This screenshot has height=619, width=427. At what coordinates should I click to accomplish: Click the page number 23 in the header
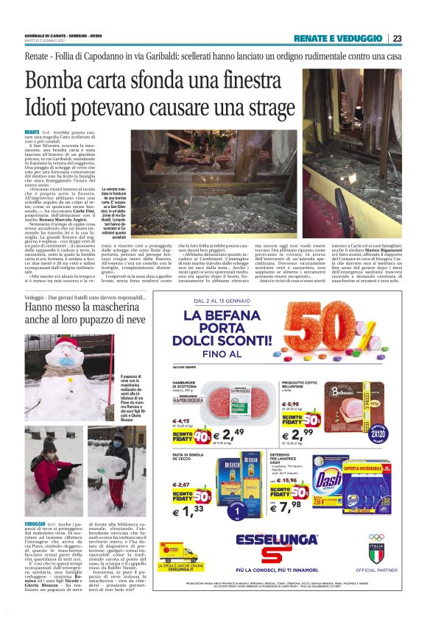coord(397,38)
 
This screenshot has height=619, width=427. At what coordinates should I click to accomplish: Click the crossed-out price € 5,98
coord(292,404)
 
